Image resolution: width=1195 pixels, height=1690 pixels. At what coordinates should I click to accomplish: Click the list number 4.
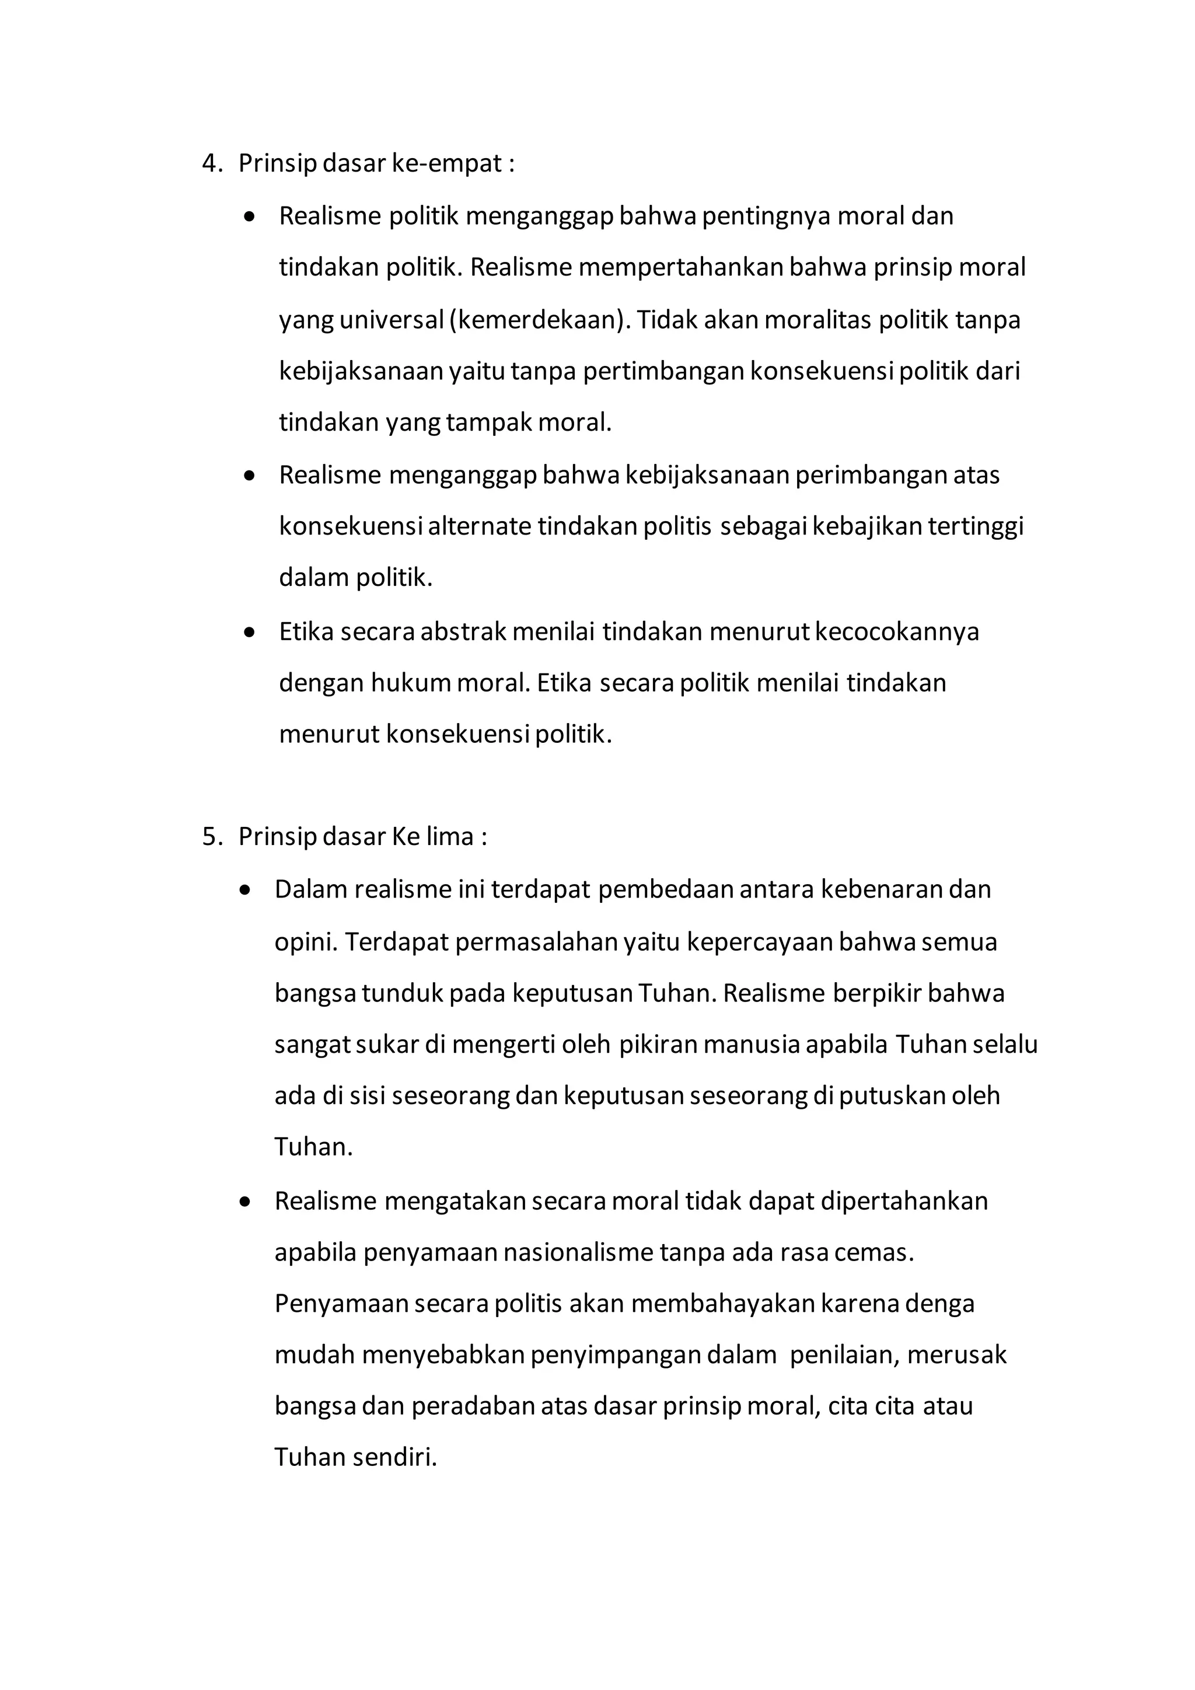[x=211, y=163]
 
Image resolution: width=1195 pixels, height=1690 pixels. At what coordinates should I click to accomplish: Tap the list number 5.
[x=211, y=837]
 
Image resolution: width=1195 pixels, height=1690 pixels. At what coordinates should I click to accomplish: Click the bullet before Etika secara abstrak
[x=250, y=632]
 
